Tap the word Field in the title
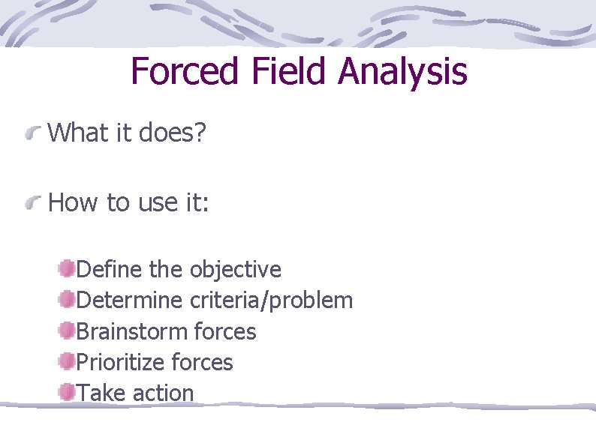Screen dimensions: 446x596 294,72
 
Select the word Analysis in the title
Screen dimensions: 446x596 402,72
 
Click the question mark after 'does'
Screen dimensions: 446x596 199,133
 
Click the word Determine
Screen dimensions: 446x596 130,301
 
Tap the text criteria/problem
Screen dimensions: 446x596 271,301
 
